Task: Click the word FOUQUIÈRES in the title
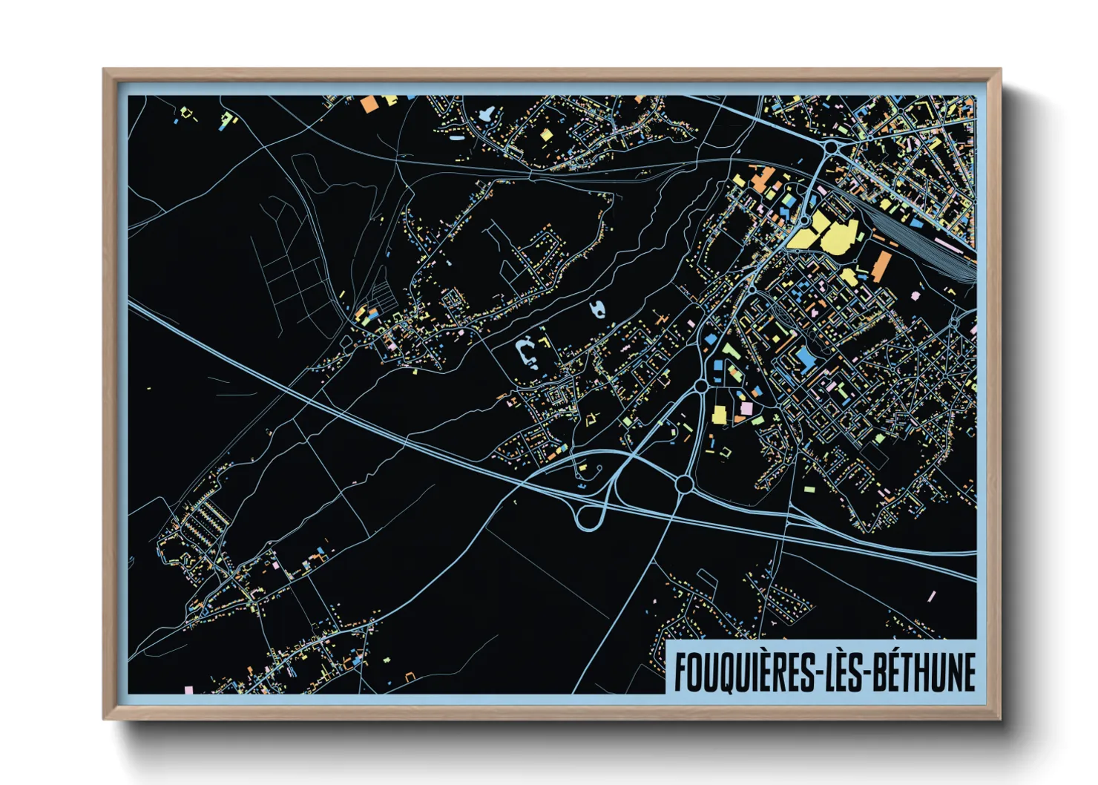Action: tap(743, 672)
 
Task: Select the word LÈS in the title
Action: tap(843, 672)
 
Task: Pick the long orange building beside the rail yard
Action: tap(882, 266)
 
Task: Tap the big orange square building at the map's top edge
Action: tap(369, 104)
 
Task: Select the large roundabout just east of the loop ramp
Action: tap(684, 485)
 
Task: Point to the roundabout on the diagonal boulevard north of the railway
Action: tap(832, 148)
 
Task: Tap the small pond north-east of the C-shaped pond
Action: tap(597, 309)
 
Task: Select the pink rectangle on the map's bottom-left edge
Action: tap(188, 690)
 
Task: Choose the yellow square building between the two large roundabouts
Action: tap(719, 415)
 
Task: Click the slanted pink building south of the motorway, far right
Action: tap(932, 596)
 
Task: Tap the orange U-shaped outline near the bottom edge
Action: tap(410, 677)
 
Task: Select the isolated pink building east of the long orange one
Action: tap(915, 295)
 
